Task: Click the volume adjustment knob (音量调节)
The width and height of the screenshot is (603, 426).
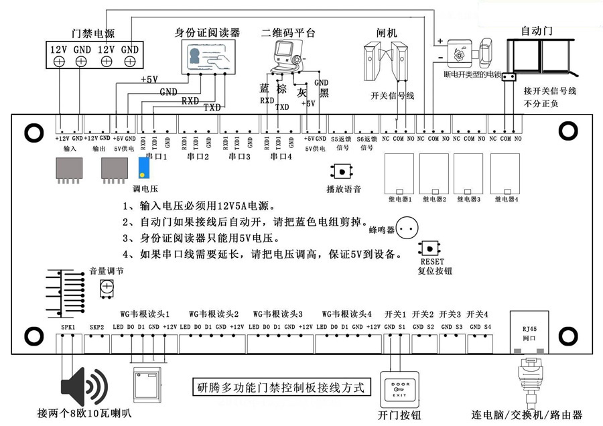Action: click(107, 289)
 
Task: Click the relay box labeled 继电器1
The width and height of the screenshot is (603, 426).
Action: click(399, 173)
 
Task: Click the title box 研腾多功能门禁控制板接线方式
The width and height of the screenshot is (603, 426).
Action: click(280, 387)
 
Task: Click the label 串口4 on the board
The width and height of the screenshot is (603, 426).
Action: click(281, 157)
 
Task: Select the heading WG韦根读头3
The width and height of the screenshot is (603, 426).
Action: click(278, 313)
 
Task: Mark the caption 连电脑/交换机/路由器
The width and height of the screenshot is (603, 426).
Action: click(527, 415)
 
